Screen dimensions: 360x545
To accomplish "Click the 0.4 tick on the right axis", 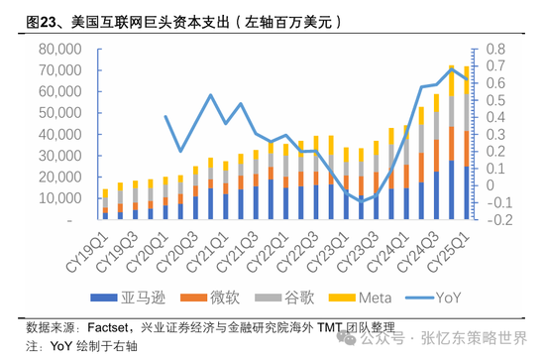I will [x=495, y=118].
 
